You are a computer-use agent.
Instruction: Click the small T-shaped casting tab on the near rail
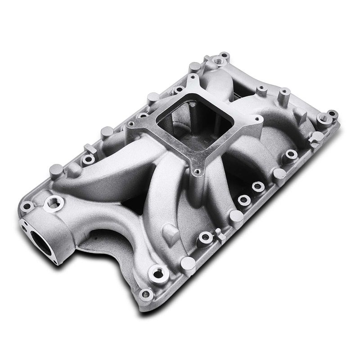point(219,233)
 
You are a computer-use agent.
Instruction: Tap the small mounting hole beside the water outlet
point(28,206)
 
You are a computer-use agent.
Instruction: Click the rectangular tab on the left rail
point(88,148)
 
